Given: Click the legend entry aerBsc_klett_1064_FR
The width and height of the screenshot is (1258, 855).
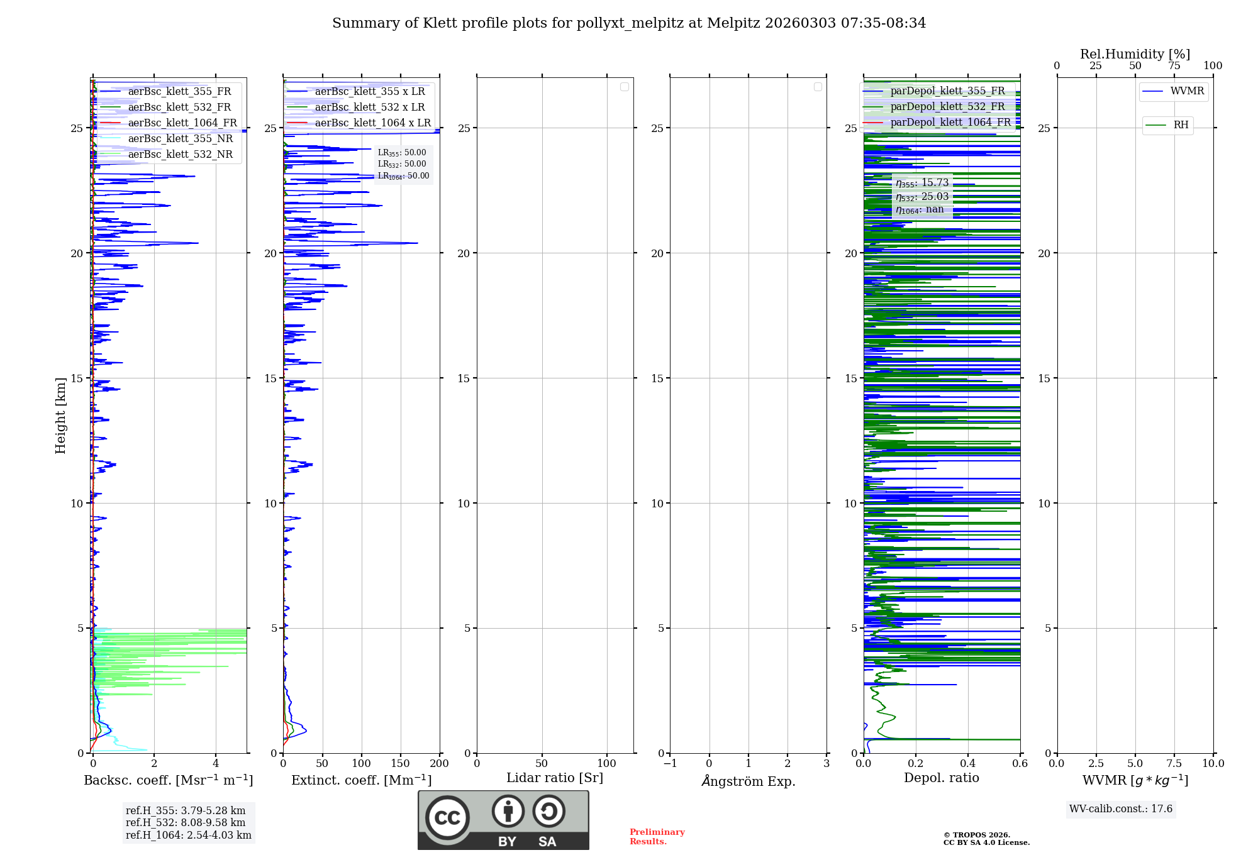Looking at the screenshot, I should (182, 123).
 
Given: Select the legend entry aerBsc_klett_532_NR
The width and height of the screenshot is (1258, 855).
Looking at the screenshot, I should (180, 155).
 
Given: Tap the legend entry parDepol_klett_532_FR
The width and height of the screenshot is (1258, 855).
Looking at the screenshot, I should (947, 107).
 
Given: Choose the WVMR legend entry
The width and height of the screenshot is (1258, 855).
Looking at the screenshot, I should (1187, 91).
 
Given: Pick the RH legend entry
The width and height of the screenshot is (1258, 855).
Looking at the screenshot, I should (1181, 125).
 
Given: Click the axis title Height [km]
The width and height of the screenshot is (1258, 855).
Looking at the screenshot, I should (60, 416).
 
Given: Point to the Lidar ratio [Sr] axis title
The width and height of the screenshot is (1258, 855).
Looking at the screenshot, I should (555, 778).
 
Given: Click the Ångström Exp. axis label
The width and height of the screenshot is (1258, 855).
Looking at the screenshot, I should (749, 781).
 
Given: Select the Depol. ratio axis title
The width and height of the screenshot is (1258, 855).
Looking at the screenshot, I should (942, 778).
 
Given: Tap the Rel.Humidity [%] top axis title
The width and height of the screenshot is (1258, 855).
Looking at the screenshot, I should (1135, 54).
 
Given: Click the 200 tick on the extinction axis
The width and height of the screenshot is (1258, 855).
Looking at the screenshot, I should (439, 764).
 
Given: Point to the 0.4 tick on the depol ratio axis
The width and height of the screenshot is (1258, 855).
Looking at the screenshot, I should (968, 764).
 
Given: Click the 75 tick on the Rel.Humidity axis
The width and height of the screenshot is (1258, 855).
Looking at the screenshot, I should (1174, 66).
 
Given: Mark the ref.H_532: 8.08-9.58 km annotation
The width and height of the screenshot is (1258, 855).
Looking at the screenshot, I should (186, 823).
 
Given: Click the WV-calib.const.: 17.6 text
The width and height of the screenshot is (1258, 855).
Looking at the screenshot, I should (1121, 809).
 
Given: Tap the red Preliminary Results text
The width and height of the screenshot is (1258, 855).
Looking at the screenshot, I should (657, 837).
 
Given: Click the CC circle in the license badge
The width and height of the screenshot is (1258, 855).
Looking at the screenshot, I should (447, 818).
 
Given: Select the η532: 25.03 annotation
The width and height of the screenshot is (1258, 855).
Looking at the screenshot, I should (922, 197).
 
